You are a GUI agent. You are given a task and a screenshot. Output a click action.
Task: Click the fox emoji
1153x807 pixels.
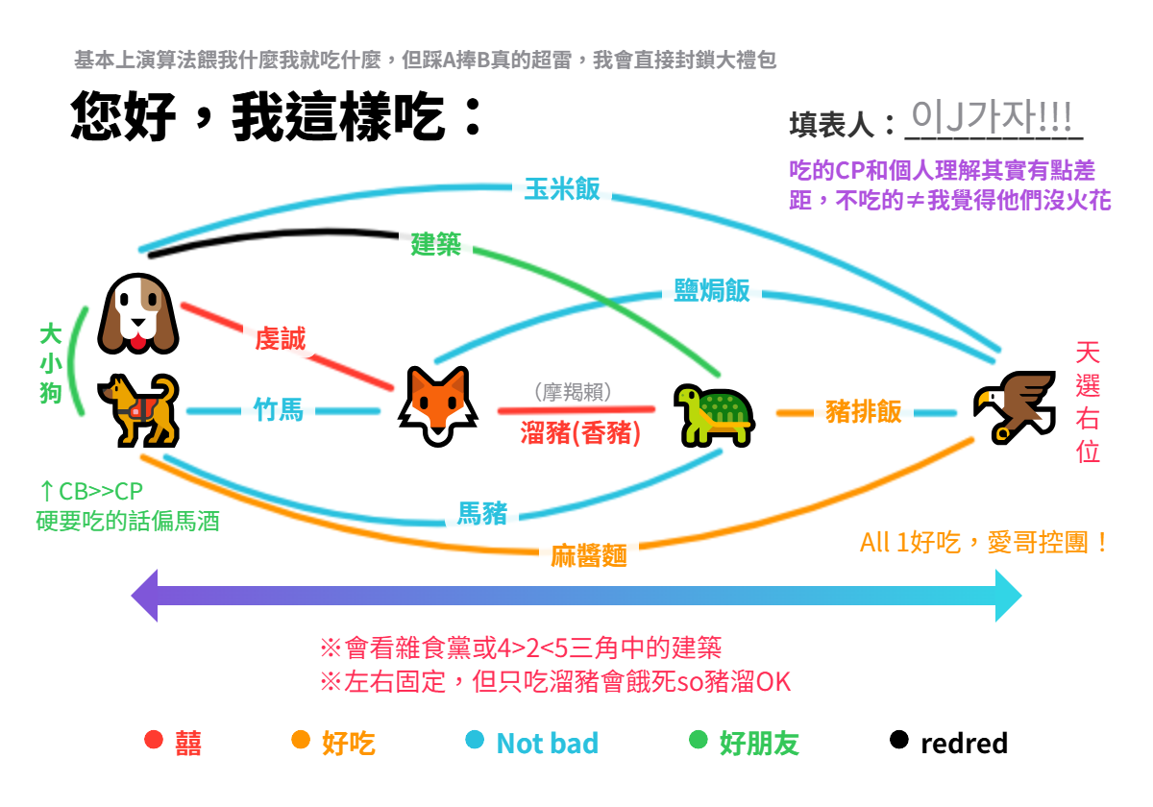(x=438, y=406)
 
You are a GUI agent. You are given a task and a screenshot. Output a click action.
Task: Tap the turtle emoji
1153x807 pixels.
(x=715, y=416)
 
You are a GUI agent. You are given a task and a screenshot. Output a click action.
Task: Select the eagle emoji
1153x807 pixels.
(x=1014, y=407)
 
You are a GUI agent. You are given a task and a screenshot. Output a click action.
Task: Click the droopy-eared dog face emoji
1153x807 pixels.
(x=138, y=313)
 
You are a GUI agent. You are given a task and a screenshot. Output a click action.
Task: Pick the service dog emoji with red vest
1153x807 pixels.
(x=138, y=410)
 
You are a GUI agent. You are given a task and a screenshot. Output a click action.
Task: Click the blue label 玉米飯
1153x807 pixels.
(x=562, y=189)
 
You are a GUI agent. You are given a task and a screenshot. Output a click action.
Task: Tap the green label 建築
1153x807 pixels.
(x=435, y=244)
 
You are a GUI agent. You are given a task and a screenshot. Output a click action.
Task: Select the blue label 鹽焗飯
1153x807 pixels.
(x=711, y=290)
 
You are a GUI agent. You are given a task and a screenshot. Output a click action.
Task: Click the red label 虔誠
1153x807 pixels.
(x=281, y=338)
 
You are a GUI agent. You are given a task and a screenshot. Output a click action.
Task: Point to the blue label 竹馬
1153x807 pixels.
(x=279, y=410)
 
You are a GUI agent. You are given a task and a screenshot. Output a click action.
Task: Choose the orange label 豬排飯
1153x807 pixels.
(x=863, y=412)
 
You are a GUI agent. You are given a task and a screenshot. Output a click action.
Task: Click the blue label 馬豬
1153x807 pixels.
(x=482, y=514)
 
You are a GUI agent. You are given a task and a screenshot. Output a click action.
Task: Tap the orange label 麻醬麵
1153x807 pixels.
(x=589, y=556)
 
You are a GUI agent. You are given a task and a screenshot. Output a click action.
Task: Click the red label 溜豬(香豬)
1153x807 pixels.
(x=580, y=432)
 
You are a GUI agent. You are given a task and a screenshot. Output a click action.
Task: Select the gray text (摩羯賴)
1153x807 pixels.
(x=573, y=392)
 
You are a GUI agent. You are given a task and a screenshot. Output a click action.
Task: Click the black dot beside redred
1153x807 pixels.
(x=898, y=740)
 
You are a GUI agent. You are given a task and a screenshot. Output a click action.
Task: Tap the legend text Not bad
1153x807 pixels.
(x=547, y=744)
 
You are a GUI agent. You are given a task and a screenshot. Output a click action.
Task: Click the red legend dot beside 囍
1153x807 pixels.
(x=154, y=740)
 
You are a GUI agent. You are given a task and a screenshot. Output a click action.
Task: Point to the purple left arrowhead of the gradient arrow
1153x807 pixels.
(x=145, y=596)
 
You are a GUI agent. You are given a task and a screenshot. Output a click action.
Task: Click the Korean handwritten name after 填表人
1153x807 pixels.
(x=992, y=117)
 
